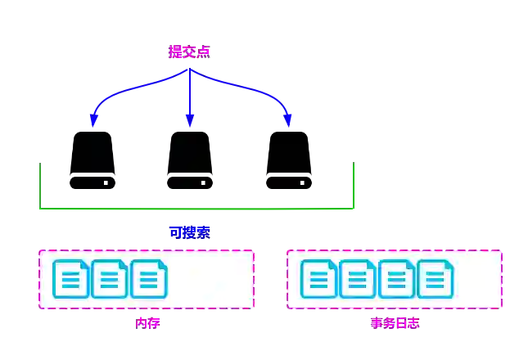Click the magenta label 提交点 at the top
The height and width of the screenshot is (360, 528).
pos(189,52)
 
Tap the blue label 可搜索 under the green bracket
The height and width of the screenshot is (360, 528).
pos(189,232)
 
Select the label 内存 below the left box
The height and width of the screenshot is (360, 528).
pos(148,322)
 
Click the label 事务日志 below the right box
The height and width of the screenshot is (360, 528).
pos(395,322)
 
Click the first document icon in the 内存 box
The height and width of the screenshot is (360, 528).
pos(71,279)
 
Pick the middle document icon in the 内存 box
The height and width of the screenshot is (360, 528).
pos(110,279)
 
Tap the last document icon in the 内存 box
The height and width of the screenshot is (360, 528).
pos(148,279)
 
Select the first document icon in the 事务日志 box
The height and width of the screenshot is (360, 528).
pos(319,279)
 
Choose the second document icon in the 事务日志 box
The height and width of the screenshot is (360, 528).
pos(358,279)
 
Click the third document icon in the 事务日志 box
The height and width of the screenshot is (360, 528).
pos(396,279)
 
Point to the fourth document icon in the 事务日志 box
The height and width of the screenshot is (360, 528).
pos(435,279)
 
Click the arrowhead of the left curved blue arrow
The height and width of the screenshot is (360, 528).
pos(93,122)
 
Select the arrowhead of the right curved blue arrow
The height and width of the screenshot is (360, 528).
pos(287,122)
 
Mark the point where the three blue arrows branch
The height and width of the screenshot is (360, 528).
pos(190,70)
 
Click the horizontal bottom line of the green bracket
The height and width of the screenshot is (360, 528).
pos(196,210)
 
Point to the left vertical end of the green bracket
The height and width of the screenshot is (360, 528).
pos(42,184)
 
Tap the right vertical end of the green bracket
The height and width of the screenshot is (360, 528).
pos(354,184)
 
